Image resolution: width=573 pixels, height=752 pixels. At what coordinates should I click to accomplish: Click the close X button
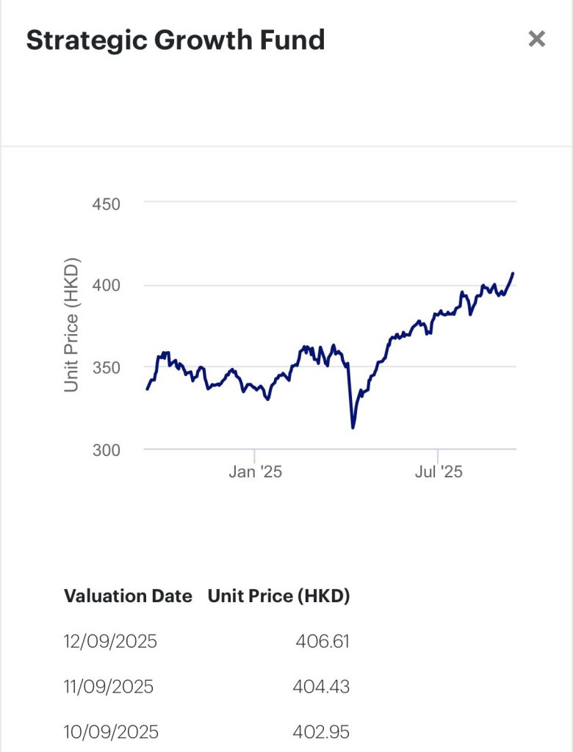click(537, 39)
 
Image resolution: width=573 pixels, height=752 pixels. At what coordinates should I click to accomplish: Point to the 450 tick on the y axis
click(107, 203)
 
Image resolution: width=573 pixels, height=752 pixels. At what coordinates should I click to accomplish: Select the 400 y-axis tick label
click(107, 285)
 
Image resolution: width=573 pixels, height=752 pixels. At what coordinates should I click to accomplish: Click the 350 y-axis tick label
click(107, 366)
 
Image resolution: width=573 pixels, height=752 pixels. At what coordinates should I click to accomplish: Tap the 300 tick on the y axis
click(107, 449)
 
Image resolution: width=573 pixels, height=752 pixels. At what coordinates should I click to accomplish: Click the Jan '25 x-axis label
click(255, 471)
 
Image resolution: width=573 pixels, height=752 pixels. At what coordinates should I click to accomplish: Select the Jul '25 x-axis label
click(439, 471)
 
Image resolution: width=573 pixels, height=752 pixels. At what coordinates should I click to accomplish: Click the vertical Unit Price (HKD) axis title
click(71, 325)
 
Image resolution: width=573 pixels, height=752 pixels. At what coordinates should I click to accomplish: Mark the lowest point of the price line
click(353, 427)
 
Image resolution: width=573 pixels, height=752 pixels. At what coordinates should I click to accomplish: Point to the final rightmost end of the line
click(513, 273)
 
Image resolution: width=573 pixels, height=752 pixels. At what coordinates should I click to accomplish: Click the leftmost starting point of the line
click(147, 389)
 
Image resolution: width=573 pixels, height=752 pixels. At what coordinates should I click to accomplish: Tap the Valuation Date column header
click(128, 596)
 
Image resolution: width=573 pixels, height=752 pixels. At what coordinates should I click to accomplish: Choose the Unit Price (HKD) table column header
click(278, 596)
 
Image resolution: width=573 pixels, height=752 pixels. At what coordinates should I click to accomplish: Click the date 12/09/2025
click(110, 641)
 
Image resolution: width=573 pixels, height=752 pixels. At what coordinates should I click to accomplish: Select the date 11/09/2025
click(109, 687)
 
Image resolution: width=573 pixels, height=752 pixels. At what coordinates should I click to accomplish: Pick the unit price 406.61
click(322, 641)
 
